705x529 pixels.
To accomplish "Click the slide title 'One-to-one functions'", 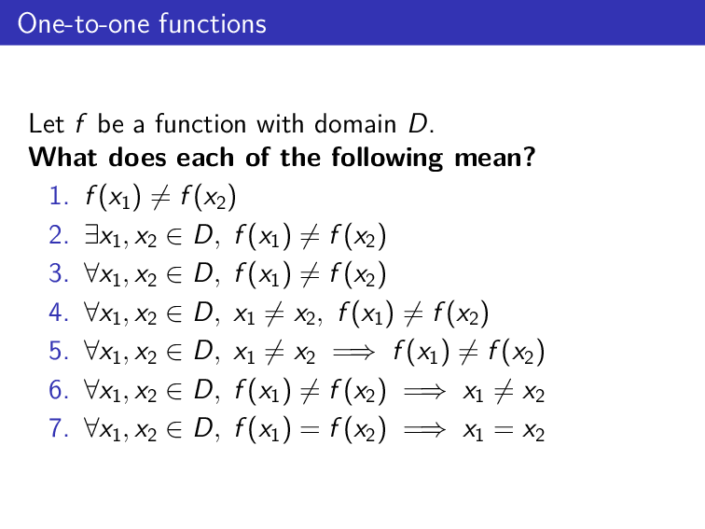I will (x=142, y=23).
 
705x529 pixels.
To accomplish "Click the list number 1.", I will (x=57, y=197).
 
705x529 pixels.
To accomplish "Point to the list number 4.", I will (x=57, y=312).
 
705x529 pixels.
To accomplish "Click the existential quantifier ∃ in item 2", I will (x=91, y=235).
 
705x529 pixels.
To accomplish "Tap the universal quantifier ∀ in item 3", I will (x=91, y=273).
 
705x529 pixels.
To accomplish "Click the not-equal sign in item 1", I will (x=159, y=197).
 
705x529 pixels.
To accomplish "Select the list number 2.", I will (x=57, y=235).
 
